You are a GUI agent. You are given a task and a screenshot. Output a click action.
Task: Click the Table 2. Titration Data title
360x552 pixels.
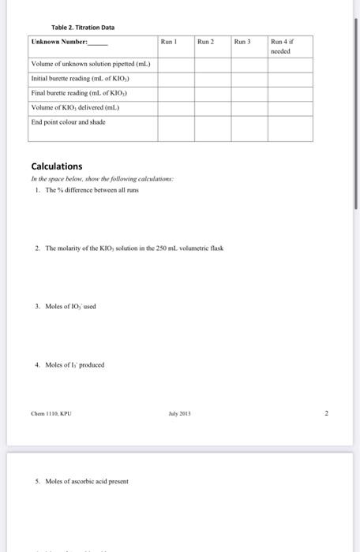pos(77,26)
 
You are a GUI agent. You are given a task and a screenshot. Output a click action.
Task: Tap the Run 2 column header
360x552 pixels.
pos(207,40)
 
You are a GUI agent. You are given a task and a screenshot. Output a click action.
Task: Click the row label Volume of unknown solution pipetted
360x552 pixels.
pos(91,65)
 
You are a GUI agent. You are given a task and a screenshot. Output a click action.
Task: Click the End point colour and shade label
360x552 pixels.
pos(68,121)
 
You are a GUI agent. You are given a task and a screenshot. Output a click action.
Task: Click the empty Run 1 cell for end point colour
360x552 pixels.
pos(175,128)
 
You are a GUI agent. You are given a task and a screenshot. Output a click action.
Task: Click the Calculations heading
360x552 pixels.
pos(56,166)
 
